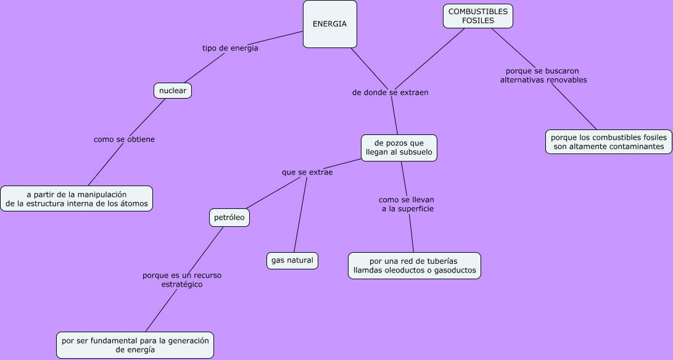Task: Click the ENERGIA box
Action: click(330, 24)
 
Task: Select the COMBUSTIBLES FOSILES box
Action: click(478, 16)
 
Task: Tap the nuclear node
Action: click(173, 91)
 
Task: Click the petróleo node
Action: click(229, 217)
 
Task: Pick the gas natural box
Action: click(292, 260)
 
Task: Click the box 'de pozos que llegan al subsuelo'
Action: click(399, 148)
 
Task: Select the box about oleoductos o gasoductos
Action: click(414, 266)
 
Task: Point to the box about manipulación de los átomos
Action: click(76, 198)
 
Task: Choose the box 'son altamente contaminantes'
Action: click(609, 142)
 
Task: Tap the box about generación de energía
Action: click(135, 345)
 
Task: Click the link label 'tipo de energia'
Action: click(230, 48)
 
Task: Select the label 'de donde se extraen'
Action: click(390, 92)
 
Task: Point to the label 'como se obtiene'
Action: click(124, 139)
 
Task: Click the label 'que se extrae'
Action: click(307, 173)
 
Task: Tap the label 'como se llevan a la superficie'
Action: click(407, 204)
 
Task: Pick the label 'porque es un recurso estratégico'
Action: click(182, 280)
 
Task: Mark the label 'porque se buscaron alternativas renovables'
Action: click(543, 75)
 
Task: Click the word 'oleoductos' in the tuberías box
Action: click(410, 271)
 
